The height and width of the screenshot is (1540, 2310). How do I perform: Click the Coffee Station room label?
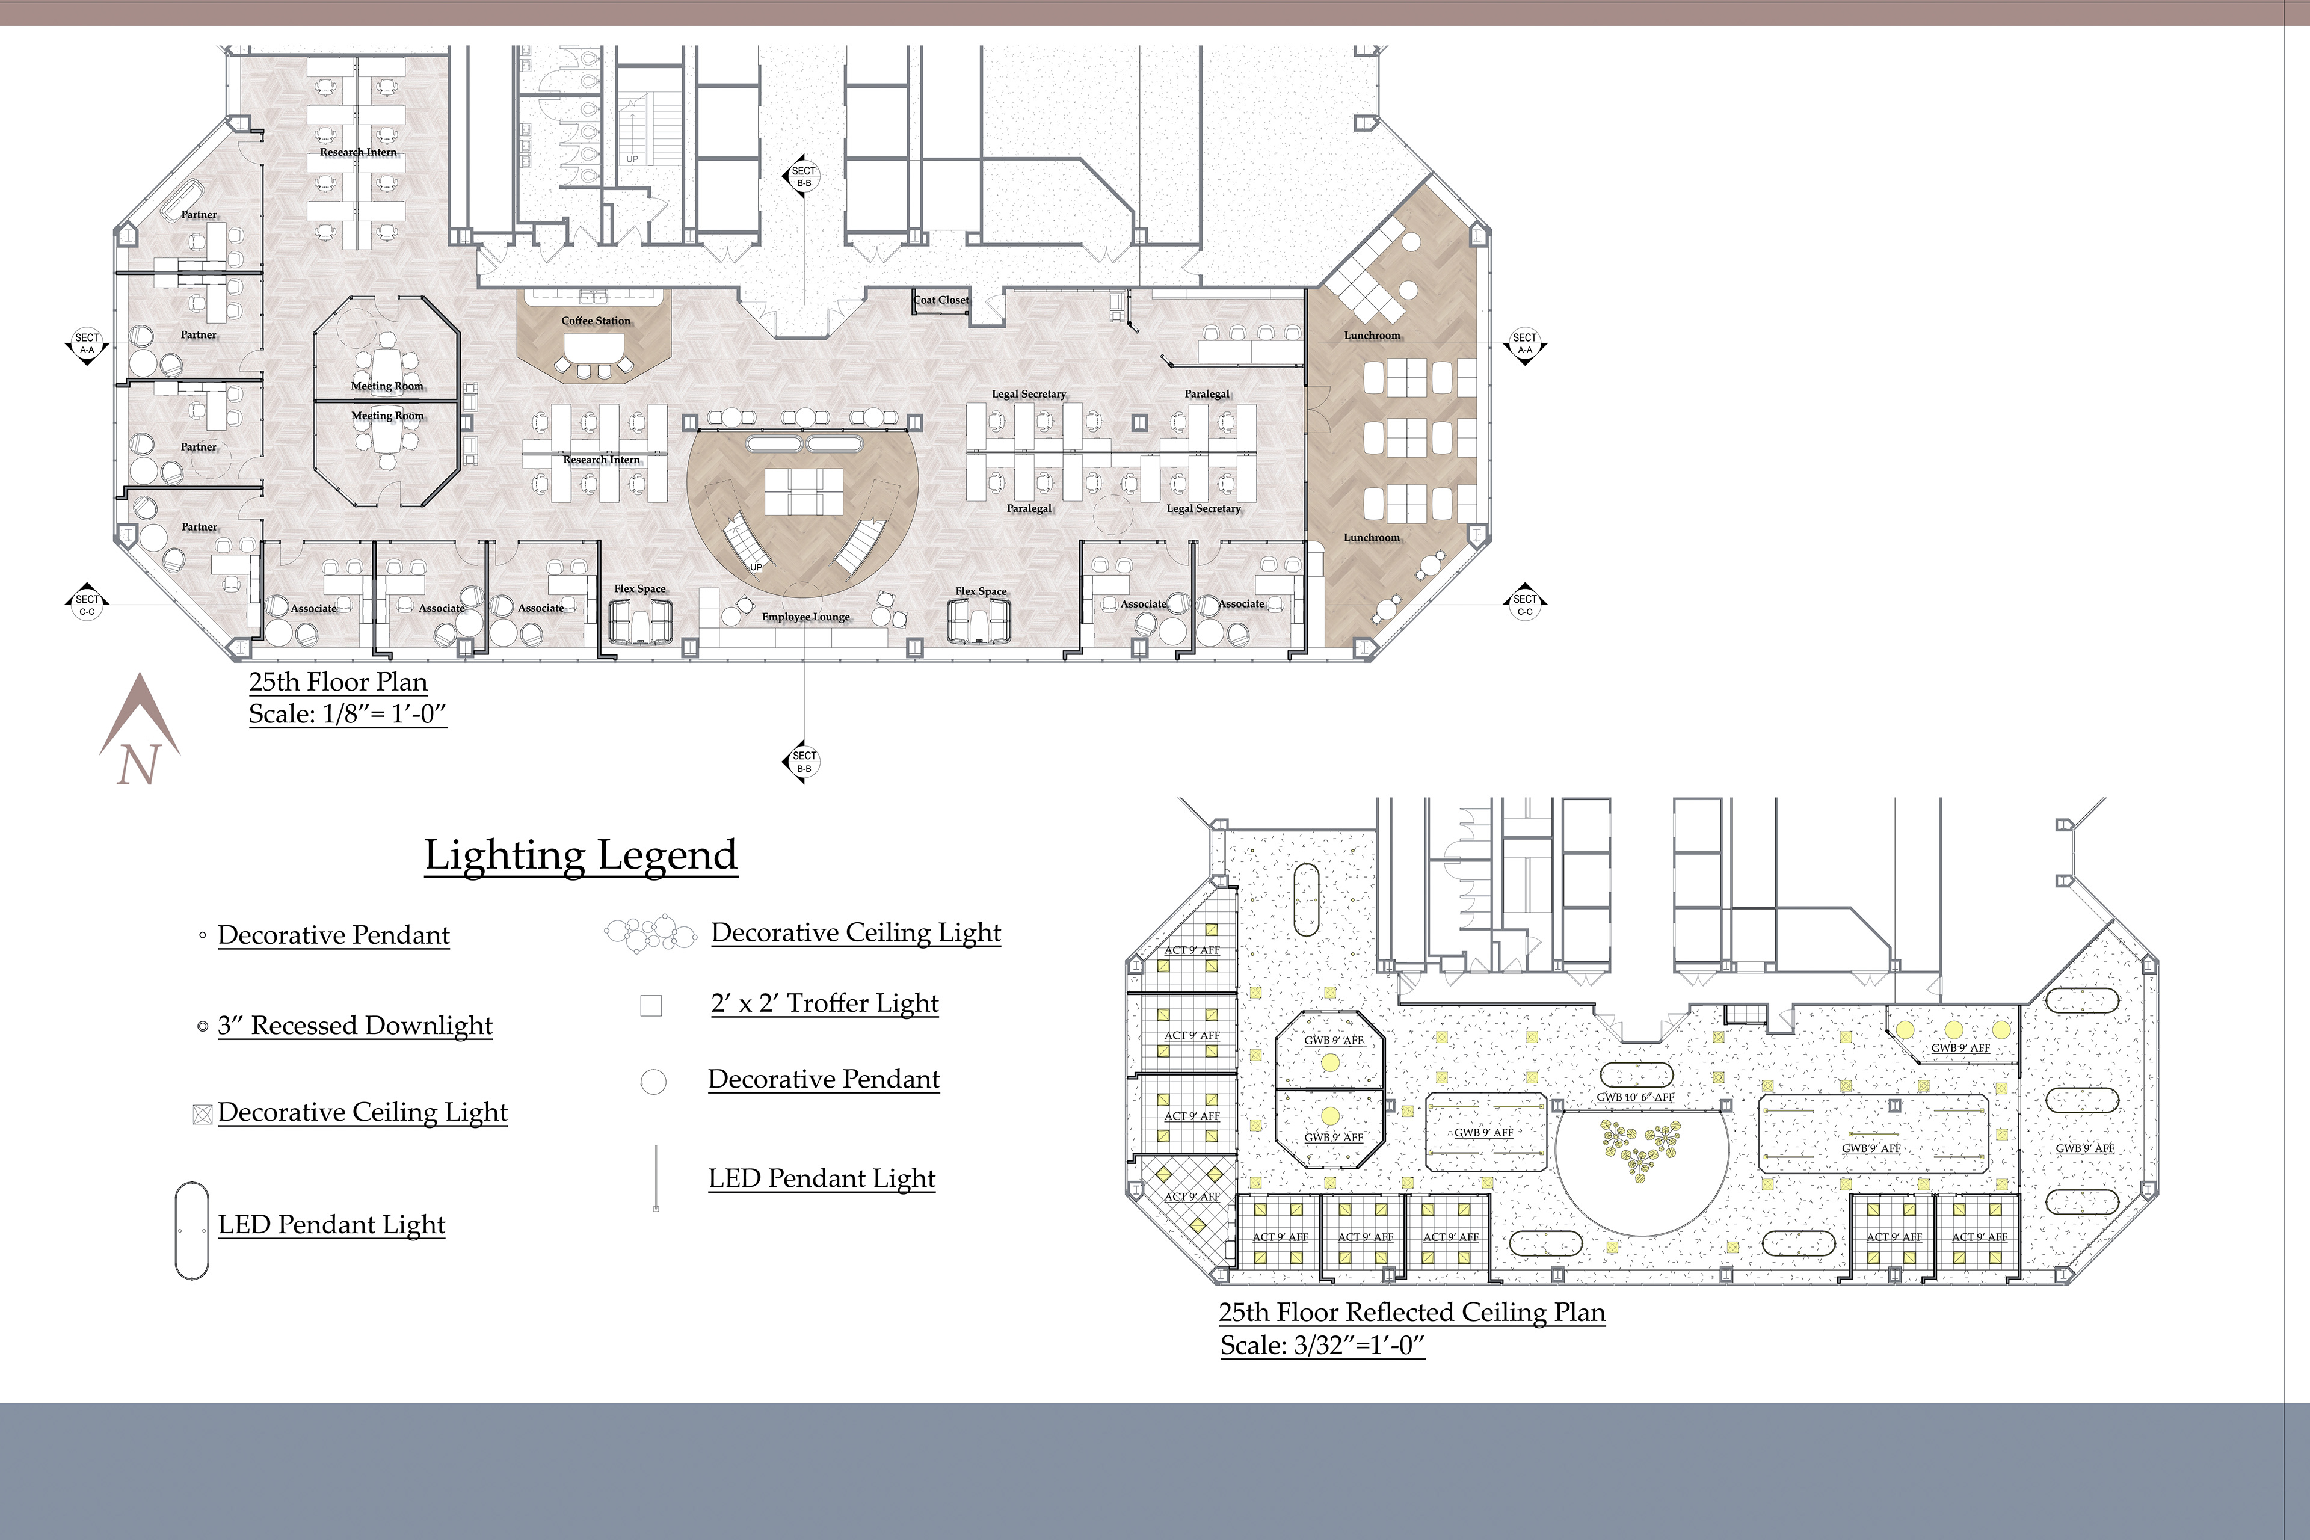[596, 321]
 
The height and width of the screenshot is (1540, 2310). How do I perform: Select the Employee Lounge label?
[806, 617]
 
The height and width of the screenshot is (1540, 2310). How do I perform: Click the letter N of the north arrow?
[138, 764]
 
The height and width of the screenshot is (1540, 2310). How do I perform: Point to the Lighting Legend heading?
[581, 855]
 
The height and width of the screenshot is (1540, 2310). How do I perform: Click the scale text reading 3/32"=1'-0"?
[1322, 1346]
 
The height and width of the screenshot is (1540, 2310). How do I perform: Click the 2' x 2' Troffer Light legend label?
[825, 1003]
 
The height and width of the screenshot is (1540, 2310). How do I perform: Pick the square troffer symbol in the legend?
[651, 1006]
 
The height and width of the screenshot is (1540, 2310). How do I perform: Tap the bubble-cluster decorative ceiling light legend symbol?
[651, 933]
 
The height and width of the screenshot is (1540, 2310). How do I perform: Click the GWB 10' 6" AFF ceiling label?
[1635, 1098]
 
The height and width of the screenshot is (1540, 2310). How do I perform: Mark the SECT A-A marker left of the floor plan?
[87, 343]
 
